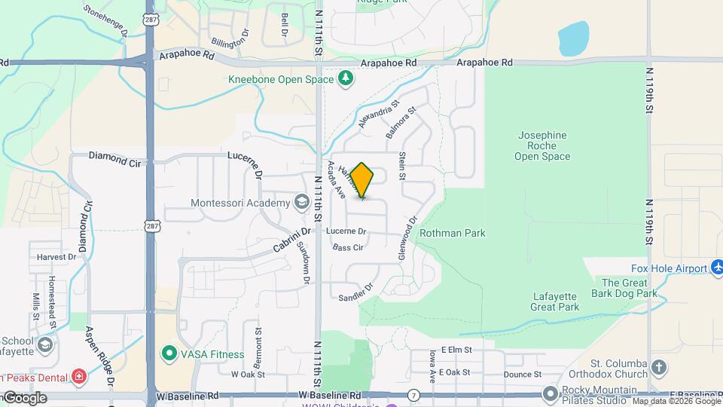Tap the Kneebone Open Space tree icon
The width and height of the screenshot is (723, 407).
(x=346, y=78)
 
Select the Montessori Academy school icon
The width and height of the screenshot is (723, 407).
(x=302, y=202)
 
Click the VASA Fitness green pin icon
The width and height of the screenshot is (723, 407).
(x=168, y=353)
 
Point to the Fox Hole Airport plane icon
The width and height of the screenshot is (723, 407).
(x=716, y=268)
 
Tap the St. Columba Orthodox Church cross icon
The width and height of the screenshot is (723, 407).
(x=659, y=368)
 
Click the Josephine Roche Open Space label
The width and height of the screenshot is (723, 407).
(x=542, y=146)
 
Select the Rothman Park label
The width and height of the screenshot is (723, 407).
(x=452, y=234)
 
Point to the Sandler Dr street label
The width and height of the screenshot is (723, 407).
(x=355, y=292)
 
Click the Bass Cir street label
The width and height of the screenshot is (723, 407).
(x=348, y=247)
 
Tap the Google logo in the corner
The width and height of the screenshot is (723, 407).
(x=24, y=397)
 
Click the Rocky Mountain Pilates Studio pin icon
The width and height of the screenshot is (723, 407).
(x=551, y=393)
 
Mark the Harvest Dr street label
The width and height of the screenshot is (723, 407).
(x=56, y=256)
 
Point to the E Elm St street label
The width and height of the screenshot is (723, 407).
(x=456, y=350)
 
